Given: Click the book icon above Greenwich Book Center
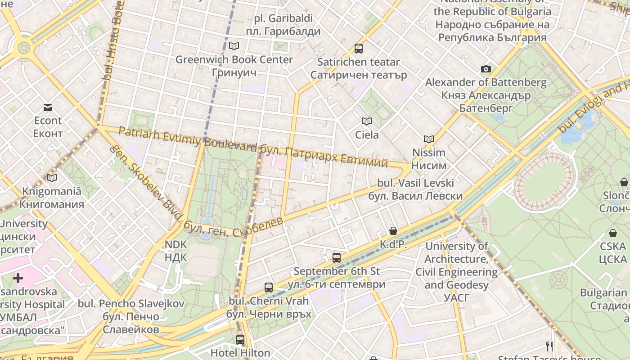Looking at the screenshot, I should click(x=234, y=46).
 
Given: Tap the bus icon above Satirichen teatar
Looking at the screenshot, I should click(x=358, y=48).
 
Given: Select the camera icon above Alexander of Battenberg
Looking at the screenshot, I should click(x=486, y=69).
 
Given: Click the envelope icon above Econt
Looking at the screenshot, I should click(x=48, y=107).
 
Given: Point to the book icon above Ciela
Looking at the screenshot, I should click(x=367, y=121).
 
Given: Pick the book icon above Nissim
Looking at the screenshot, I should click(x=429, y=139).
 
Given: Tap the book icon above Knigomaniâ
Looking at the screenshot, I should click(x=52, y=178).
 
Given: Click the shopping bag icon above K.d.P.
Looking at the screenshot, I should click(x=393, y=231).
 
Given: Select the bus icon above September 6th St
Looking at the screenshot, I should click(x=336, y=258).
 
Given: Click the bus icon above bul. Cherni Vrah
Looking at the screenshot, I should click(x=269, y=287).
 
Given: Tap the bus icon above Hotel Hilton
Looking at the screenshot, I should click(x=240, y=339).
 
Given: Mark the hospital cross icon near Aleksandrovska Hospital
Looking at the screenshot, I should click(x=18, y=278).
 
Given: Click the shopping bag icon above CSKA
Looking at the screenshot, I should click(x=612, y=233).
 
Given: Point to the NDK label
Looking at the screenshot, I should click(x=175, y=251).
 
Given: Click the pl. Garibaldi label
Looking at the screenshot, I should click(x=283, y=25).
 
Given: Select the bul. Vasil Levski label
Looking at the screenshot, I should click(x=415, y=189).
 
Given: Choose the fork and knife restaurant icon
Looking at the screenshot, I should click(x=549, y=346).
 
